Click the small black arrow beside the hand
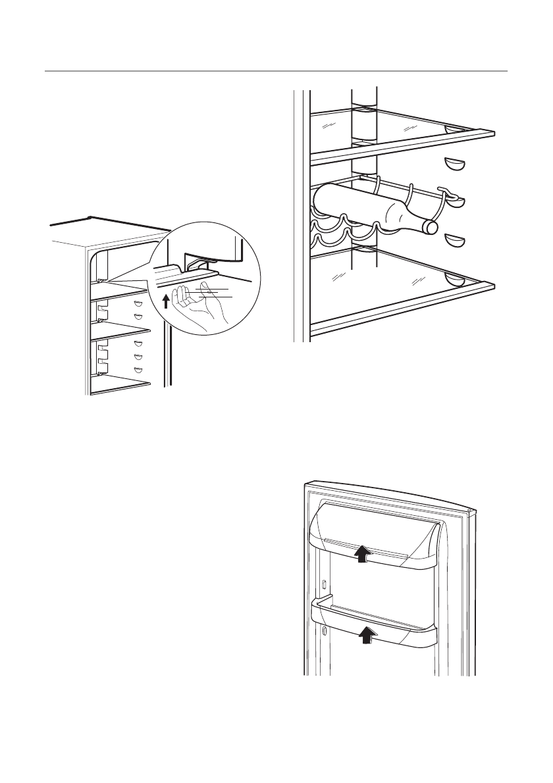(x=165, y=301)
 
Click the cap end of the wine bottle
(x=431, y=227)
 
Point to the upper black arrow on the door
(x=361, y=554)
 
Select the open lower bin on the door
(x=373, y=622)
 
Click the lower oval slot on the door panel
(x=325, y=632)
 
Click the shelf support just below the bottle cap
(x=455, y=240)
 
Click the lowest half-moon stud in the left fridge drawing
(x=138, y=370)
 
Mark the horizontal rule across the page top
(x=276, y=70)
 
